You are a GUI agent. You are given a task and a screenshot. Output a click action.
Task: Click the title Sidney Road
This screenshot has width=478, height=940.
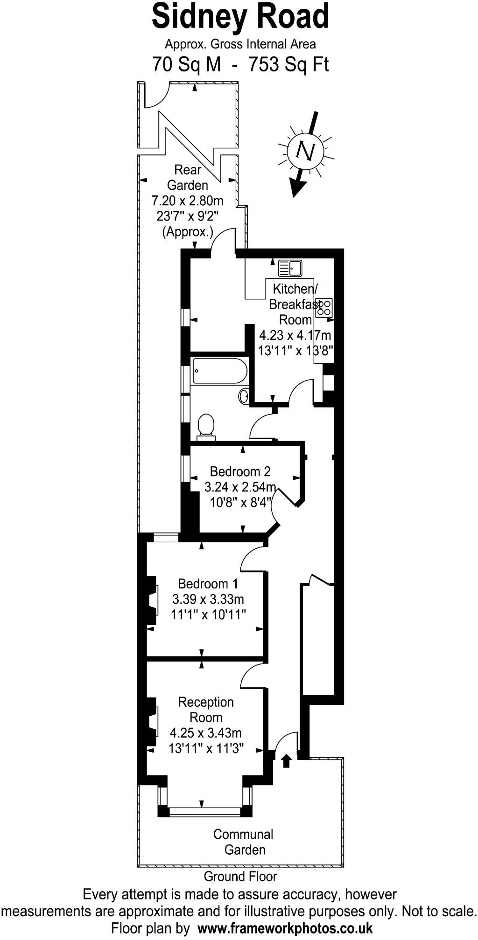240,17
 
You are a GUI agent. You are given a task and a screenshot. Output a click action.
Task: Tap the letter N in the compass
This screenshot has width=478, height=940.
306,151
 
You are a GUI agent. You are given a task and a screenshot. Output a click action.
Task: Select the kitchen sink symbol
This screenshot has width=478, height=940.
290,268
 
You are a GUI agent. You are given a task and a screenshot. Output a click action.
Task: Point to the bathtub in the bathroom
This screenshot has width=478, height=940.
219,371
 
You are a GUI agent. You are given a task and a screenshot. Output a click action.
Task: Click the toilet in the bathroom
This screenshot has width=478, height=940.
206,427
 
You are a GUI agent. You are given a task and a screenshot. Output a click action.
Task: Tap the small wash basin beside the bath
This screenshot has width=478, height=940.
243,396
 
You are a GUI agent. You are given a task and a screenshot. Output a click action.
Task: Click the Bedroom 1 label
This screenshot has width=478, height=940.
208,583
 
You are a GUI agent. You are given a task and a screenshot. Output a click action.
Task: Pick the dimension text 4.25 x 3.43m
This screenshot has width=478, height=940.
206,733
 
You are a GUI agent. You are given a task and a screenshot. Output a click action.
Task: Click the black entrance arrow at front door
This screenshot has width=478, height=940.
287,761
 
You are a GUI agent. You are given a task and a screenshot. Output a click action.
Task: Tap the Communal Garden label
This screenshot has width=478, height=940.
243,842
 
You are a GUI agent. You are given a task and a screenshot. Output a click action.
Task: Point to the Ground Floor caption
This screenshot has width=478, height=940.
240,876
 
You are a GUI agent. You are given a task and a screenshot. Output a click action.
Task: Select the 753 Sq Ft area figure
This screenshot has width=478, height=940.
289,64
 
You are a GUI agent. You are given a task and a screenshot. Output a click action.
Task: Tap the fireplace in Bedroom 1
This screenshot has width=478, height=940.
152,601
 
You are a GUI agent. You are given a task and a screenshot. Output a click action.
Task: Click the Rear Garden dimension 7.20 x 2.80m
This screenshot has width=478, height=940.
187,200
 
